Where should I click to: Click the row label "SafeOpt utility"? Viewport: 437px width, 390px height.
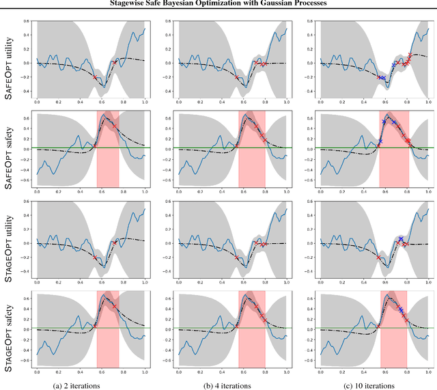pyautogui.click(x=9, y=61)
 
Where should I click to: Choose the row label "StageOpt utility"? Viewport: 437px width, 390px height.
pyautogui.click(x=9, y=242)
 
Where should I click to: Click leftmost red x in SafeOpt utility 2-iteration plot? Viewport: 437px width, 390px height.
pyautogui.click(x=95, y=77)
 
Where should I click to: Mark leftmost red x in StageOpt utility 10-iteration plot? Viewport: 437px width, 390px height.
pyautogui.click(x=378, y=257)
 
